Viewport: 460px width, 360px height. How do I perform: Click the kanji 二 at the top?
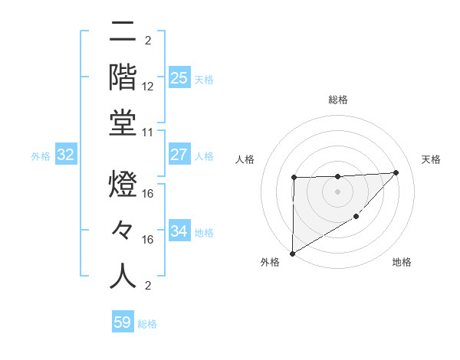[x=123, y=33]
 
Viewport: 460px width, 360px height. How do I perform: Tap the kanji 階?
[x=123, y=77]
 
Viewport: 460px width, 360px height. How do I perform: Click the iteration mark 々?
[x=123, y=231]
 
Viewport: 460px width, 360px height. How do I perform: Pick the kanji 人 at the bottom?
[x=123, y=276]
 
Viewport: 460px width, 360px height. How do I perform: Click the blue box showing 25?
[x=179, y=77]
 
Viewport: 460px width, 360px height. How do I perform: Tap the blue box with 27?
[x=179, y=155]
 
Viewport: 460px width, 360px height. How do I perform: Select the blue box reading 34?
[x=179, y=231]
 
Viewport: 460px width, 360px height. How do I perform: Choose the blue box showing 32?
[x=66, y=155]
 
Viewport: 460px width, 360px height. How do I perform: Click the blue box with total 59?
[x=123, y=322]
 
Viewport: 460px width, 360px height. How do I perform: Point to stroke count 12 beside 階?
[x=149, y=86]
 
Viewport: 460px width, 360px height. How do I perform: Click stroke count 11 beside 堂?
[x=149, y=132]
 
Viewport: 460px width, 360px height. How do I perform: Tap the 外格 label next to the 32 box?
[x=41, y=156]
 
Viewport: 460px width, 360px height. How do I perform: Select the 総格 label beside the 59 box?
[x=147, y=324]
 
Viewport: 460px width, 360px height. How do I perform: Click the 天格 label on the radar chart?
[x=432, y=159]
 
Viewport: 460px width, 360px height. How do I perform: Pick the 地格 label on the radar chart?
[x=402, y=262]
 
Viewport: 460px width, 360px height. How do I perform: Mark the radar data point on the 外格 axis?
[x=292, y=253]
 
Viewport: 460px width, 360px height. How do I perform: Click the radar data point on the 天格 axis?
[x=396, y=172]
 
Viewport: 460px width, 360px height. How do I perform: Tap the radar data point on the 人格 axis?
[x=294, y=178]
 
